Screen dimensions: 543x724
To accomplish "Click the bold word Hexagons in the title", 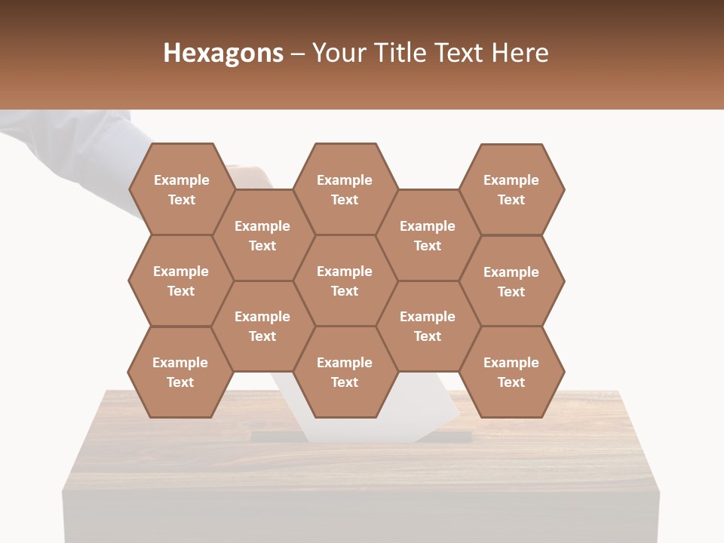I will click(223, 53).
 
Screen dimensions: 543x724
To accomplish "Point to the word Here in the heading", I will click(520, 53).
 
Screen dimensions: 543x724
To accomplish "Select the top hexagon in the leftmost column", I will click(181, 189).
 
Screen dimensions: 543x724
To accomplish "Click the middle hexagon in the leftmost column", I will click(181, 281).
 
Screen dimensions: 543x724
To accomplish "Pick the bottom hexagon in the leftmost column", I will click(180, 372).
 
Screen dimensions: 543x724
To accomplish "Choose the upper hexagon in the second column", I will click(262, 235).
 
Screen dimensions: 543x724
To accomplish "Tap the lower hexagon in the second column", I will click(262, 326).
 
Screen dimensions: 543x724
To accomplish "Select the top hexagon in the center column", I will click(345, 189).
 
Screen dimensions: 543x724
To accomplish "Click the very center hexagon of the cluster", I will click(345, 281).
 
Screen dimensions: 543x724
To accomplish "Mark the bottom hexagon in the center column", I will click(345, 372).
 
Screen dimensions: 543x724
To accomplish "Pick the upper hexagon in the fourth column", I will click(428, 235).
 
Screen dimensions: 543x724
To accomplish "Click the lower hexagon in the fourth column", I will click(428, 326).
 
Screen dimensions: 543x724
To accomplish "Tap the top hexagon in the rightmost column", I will click(511, 189).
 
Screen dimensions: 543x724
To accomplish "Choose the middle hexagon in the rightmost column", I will click(511, 281).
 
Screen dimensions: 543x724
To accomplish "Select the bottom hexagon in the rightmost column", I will click(511, 372).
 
